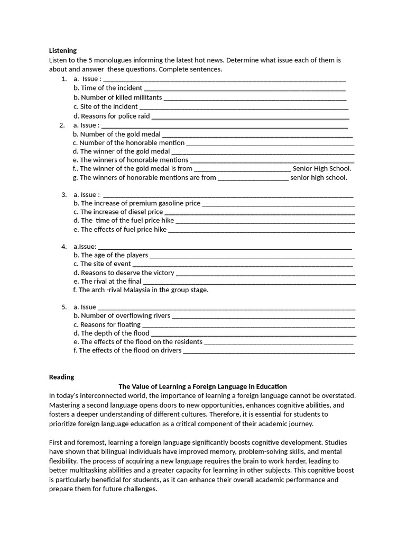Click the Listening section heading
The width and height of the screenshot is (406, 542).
[x=63, y=51]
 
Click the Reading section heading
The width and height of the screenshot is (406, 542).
[x=61, y=377]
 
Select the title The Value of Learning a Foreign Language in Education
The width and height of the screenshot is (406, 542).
[x=202, y=387]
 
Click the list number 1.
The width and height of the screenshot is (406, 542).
[x=63, y=79]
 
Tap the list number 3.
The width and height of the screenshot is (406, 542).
[x=63, y=195]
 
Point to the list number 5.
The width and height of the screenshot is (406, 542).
[x=63, y=307]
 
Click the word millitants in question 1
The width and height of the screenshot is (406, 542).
[x=145, y=97]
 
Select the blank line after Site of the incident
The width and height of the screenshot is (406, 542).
[x=243, y=107]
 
